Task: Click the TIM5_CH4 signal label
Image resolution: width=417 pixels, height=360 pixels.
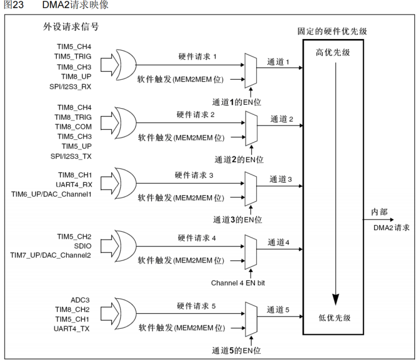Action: click(x=72, y=46)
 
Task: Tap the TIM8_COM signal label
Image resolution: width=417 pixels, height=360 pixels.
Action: click(x=72, y=127)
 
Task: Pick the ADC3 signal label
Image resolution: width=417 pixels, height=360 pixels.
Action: click(x=80, y=300)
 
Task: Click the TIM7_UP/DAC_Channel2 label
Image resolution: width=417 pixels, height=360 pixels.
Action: click(x=51, y=255)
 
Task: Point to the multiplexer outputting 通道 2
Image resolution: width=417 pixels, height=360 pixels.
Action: click(x=251, y=126)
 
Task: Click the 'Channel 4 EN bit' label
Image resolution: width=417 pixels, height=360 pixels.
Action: click(x=238, y=283)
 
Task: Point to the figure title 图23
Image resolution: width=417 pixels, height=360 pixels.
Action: click(x=12, y=5)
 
